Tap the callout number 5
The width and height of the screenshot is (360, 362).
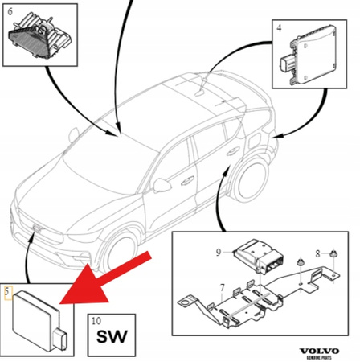click(x=9, y=289)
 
